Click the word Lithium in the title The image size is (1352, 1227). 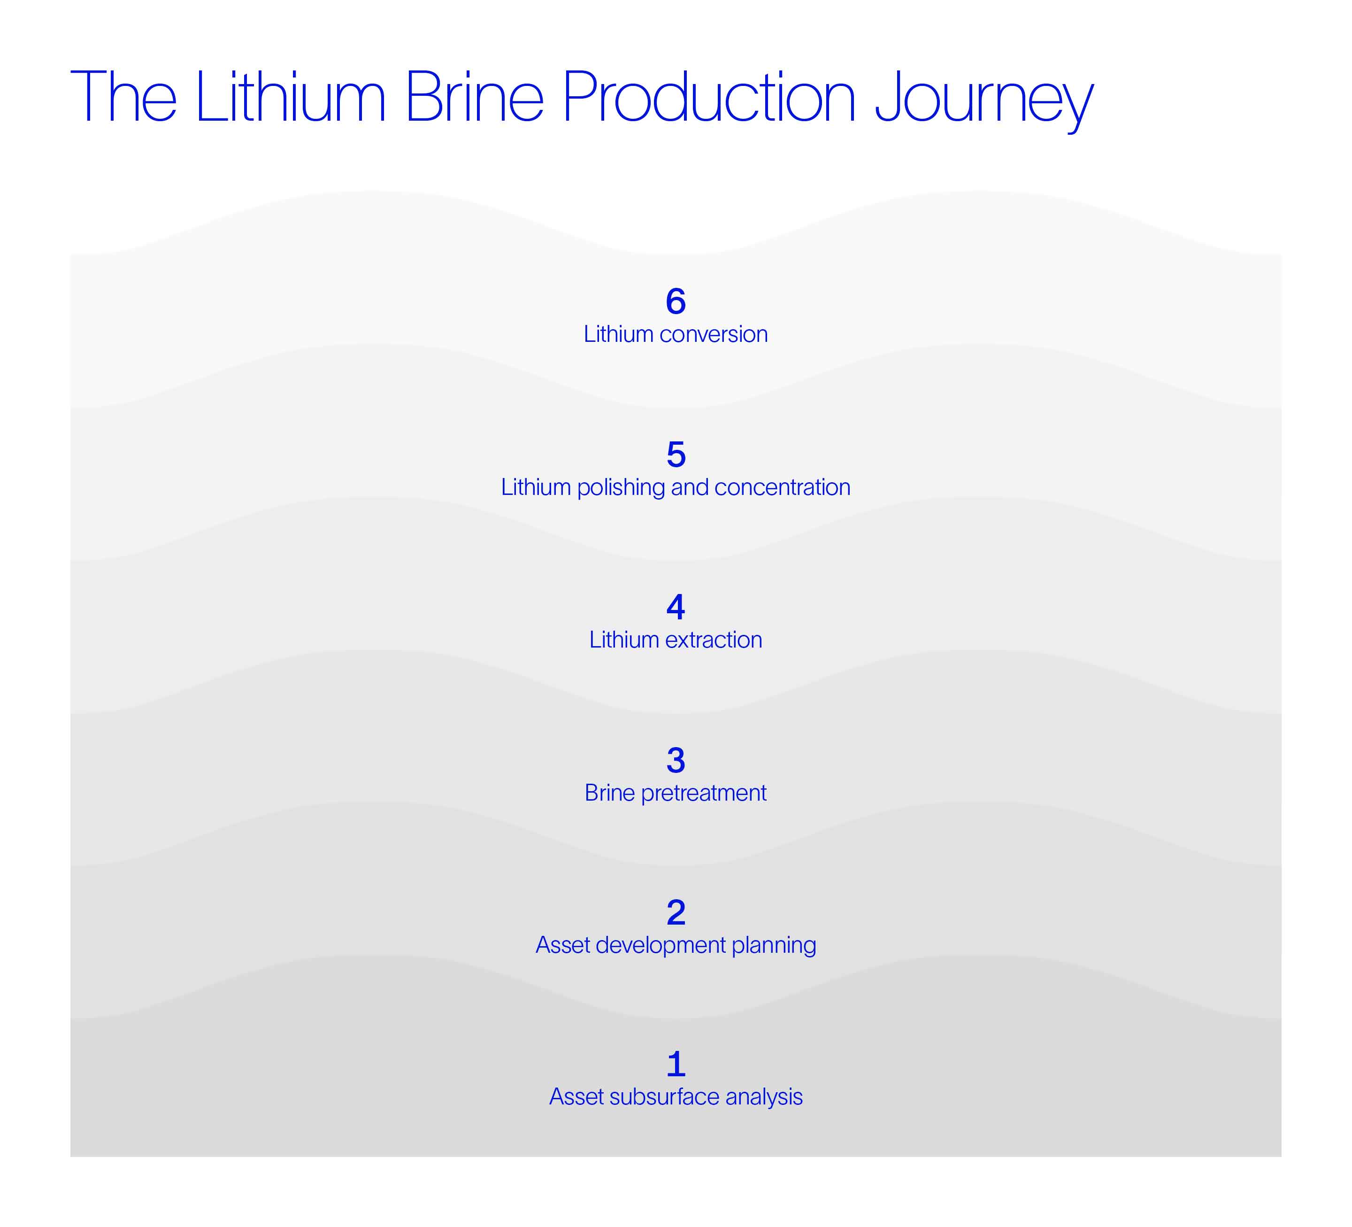pos(290,96)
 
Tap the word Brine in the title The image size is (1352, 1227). pos(474,96)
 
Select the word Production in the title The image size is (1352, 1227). pos(708,96)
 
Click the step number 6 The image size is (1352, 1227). pos(676,301)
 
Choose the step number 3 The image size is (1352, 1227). pos(676,760)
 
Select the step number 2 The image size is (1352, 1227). pos(676,912)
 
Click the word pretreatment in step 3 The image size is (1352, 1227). pos(704,794)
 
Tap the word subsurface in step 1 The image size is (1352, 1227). pos(665,1097)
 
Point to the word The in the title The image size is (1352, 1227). pos(123,96)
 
